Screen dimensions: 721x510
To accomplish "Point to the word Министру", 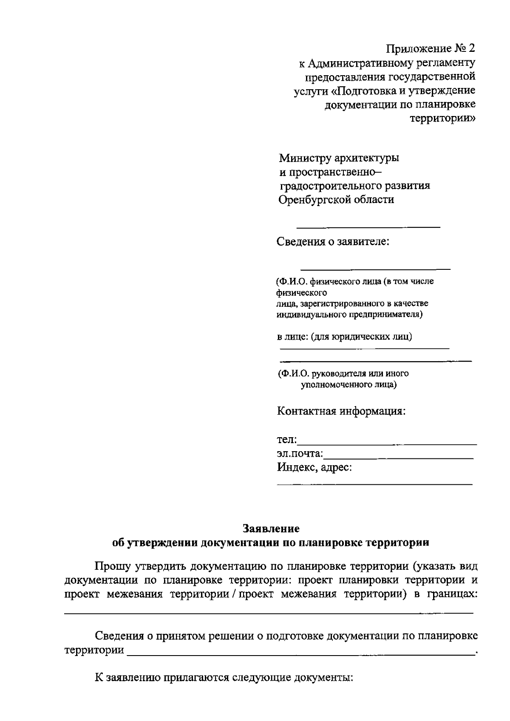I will (x=305, y=158).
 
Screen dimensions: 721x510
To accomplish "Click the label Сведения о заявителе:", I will (x=333, y=242).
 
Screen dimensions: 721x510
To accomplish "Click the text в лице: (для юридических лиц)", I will (x=344, y=337).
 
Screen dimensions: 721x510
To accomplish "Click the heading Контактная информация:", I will (x=341, y=411).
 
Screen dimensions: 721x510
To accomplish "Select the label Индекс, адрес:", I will (x=314, y=468).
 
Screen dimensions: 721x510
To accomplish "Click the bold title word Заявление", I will (x=271, y=529).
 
